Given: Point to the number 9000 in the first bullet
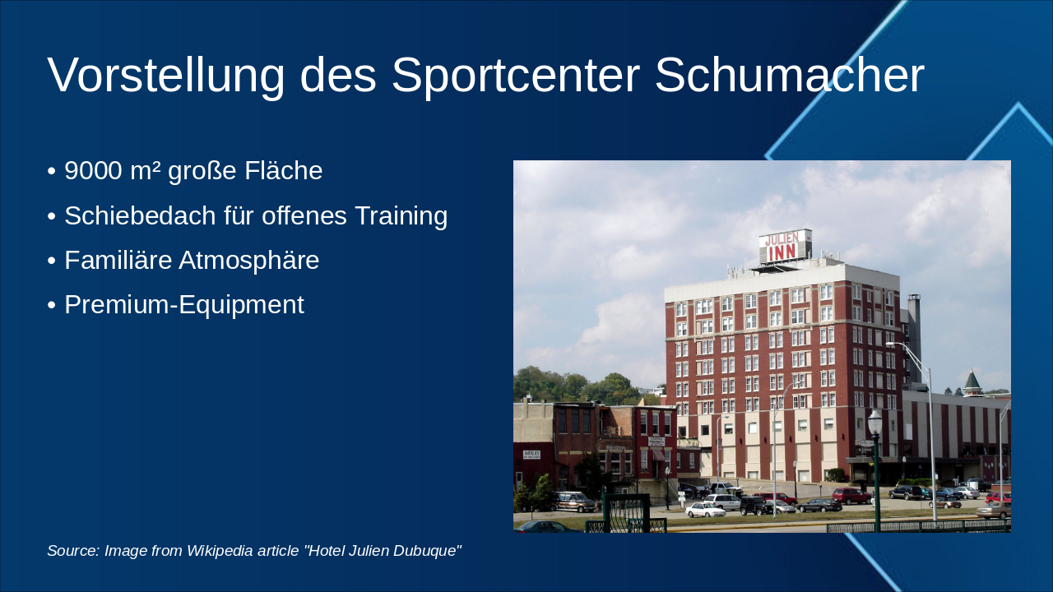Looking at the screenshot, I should click(x=93, y=171).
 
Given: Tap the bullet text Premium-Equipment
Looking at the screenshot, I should click(x=183, y=304).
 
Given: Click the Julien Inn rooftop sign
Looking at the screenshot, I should click(x=785, y=247).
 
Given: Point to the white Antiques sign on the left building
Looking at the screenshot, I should click(x=531, y=454).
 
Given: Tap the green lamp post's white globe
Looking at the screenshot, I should click(x=874, y=421).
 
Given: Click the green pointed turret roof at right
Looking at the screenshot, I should click(x=972, y=381).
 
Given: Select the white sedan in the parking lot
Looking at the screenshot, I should click(x=705, y=511).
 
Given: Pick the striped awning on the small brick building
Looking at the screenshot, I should click(x=658, y=454).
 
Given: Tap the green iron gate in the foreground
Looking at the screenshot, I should click(x=627, y=513).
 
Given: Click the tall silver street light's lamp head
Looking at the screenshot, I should click(x=892, y=344).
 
